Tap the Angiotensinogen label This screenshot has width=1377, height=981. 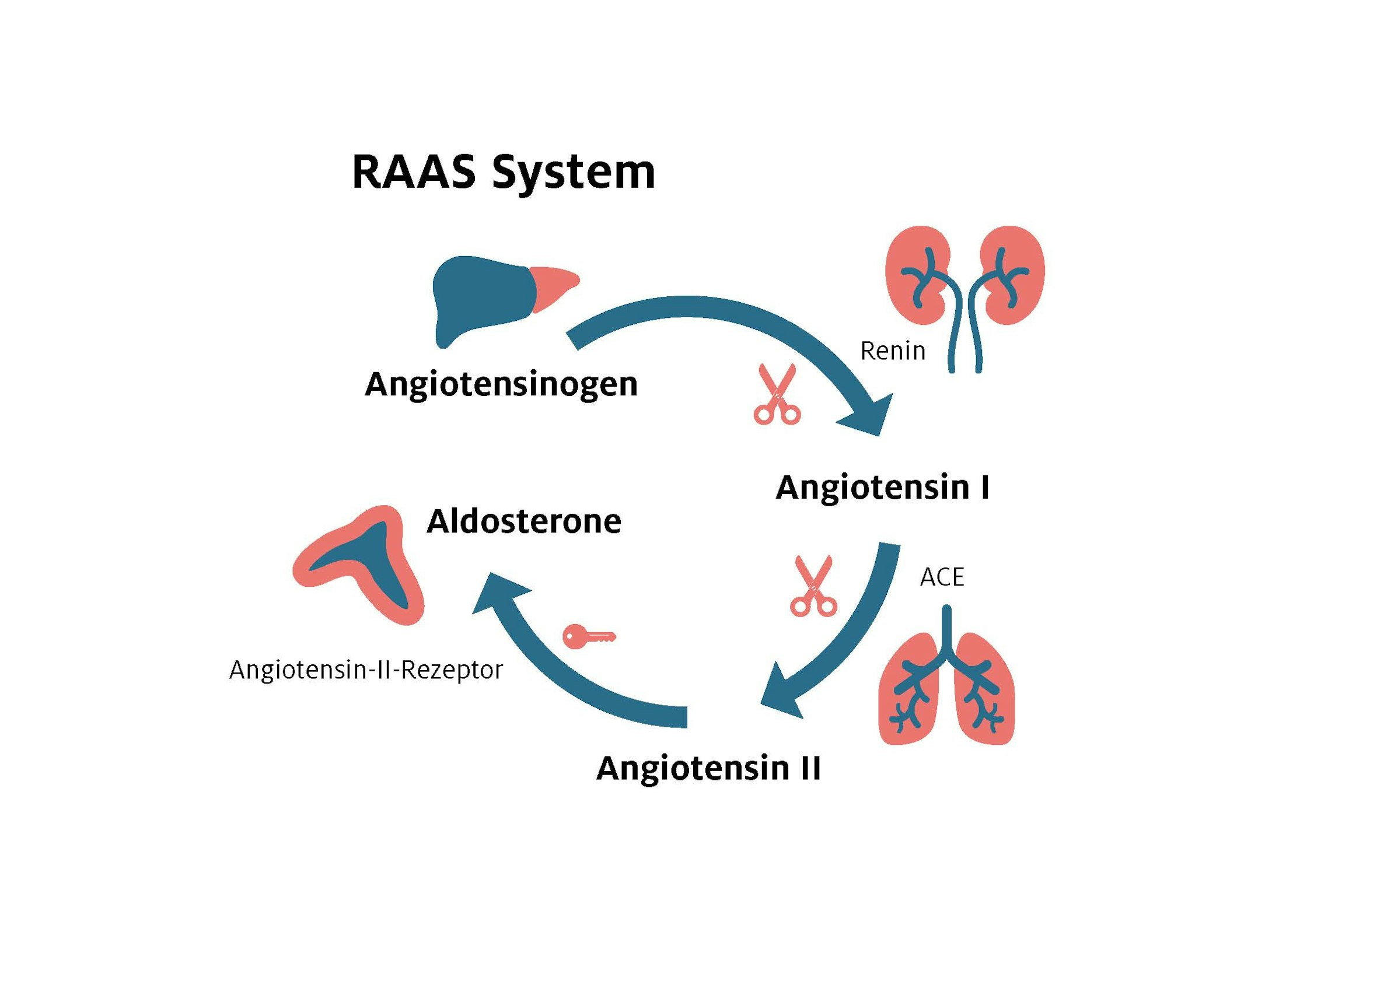pyautogui.click(x=501, y=385)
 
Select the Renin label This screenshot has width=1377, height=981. pyautogui.click(x=892, y=351)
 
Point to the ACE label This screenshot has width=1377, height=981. pyautogui.click(x=942, y=577)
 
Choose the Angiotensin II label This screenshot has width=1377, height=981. pyautogui.click(x=709, y=769)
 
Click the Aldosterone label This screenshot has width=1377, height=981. pyautogui.click(x=524, y=521)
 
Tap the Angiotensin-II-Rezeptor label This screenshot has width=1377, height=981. pyautogui.click(x=366, y=670)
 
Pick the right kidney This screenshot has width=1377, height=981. pyautogui.click(x=1013, y=275)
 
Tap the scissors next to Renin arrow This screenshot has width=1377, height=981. pyautogui.click(x=777, y=394)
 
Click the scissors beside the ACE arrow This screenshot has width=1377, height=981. pyautogui.click(x=814, y=586)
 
